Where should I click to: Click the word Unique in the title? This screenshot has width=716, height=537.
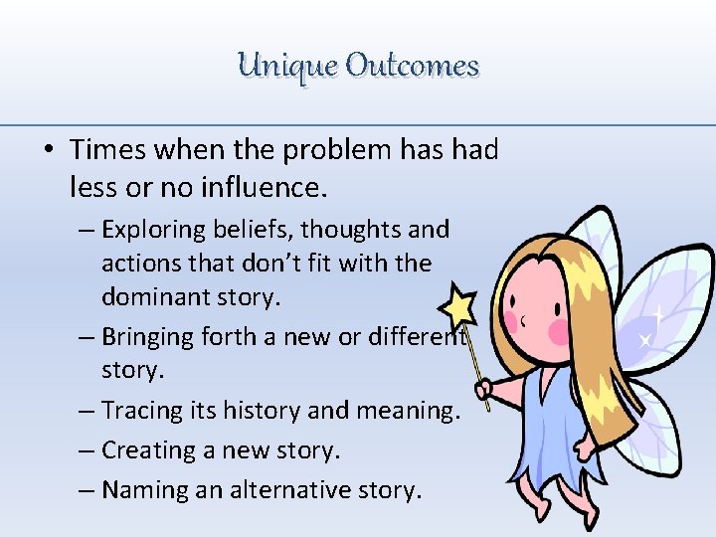287,67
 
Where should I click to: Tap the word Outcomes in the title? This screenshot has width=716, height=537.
412,67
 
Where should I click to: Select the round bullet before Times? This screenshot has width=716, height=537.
48,151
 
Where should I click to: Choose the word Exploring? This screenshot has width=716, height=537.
148,230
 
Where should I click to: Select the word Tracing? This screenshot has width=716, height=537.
138,410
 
